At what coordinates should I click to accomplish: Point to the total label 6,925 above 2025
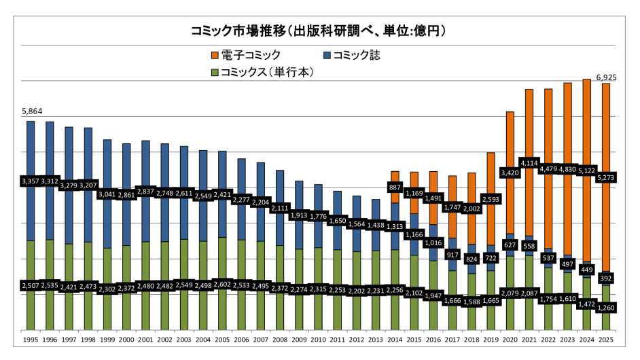pyautogui.click(x=606, y=77)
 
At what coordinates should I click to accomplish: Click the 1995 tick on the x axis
pyautogui.click(x=31, y=338)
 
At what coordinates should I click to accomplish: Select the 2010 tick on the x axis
pyautogui.click(x=318, y=338)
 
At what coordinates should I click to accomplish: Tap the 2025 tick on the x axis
pyautogui.click(x=606, y=338)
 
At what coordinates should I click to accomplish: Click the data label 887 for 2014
pyautogui.click(x=395, y=187)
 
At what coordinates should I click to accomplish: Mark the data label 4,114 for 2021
pyautogui.click(x=529, y=163)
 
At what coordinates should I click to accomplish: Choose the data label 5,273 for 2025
pyautogui.click(x=605, y=178)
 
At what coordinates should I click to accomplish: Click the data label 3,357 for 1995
pyautogui.click(x=31, y=181)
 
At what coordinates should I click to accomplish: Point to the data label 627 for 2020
pyautogui.click(x=510, y=245)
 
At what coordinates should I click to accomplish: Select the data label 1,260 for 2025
pyautogui.click(x=605, y=308)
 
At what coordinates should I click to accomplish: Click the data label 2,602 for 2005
pyautogui.click(x=222, y=284)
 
